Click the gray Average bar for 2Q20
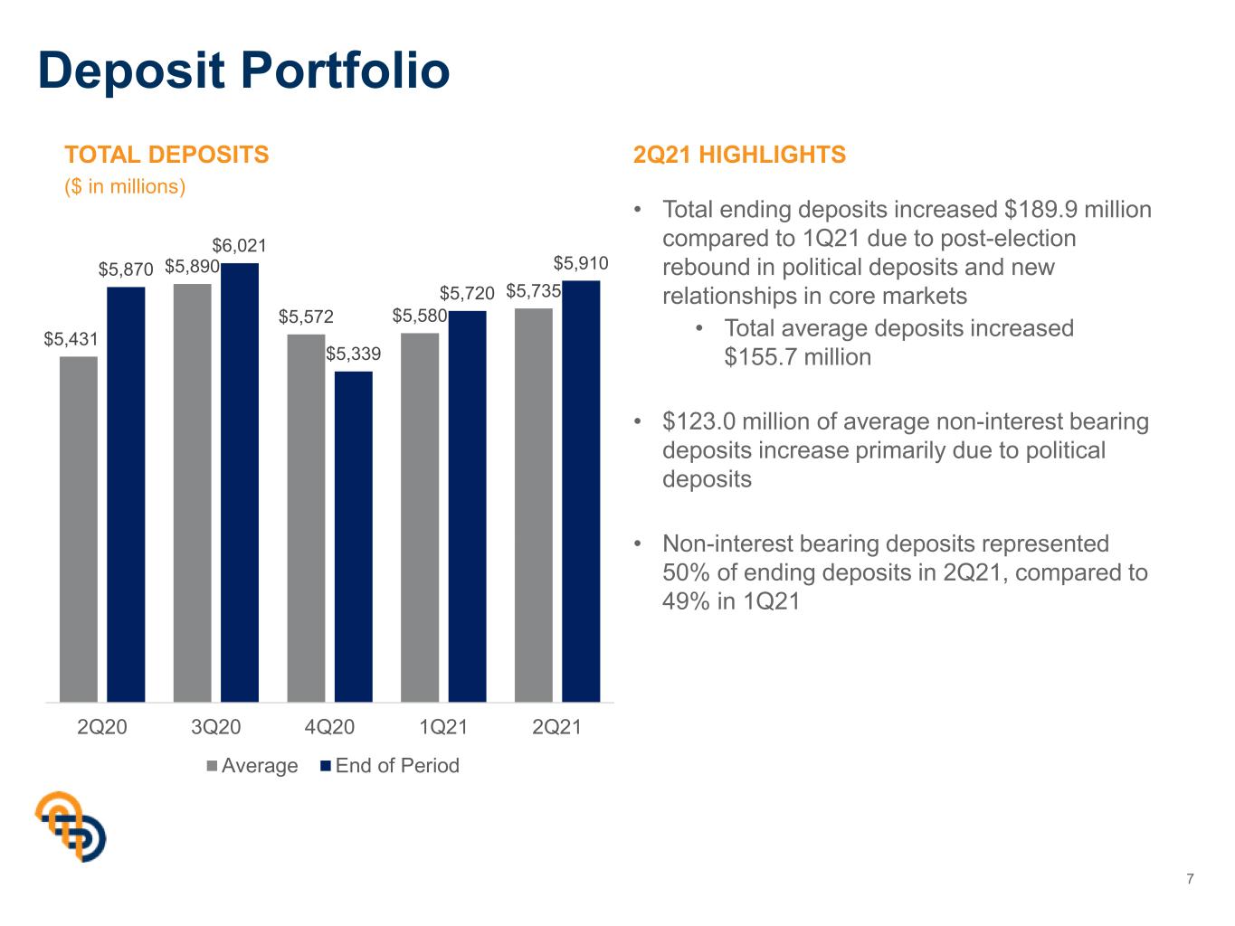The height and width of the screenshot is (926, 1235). (x=78, y=528)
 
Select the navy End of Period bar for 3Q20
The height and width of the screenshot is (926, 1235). (x=240, y=482)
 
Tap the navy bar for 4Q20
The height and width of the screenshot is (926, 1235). (x=354, y=536)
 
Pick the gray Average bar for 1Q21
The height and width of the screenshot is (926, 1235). (x=420, y=517)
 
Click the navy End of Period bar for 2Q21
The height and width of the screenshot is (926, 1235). (x=581, y=491)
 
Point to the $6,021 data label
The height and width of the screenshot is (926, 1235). (x=239, y=246)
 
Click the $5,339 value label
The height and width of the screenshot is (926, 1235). (x=354, y=354)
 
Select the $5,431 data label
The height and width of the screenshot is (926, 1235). (x=71, y=339)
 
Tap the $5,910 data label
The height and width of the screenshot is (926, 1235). (x=581, y=263)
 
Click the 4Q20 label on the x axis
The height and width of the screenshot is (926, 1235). (x=329, y=727)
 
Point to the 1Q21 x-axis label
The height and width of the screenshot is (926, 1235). (x=443, y=727)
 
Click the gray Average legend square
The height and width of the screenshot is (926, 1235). (x=212, y=766)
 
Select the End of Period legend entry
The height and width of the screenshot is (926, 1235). (x=390, y=766)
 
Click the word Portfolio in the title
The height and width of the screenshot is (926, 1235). (x=346, y=71)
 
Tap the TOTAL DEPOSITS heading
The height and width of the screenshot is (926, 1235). (x=166, y=155)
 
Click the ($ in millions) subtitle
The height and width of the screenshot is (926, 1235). (x=125, y=186)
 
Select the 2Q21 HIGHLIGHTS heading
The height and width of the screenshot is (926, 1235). (x=739, y=155)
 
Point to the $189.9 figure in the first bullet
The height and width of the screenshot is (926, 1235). (x=1040, y=210)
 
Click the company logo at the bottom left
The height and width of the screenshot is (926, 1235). (x=71, y=827)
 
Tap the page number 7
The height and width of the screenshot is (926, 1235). (x=1190, y=879)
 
